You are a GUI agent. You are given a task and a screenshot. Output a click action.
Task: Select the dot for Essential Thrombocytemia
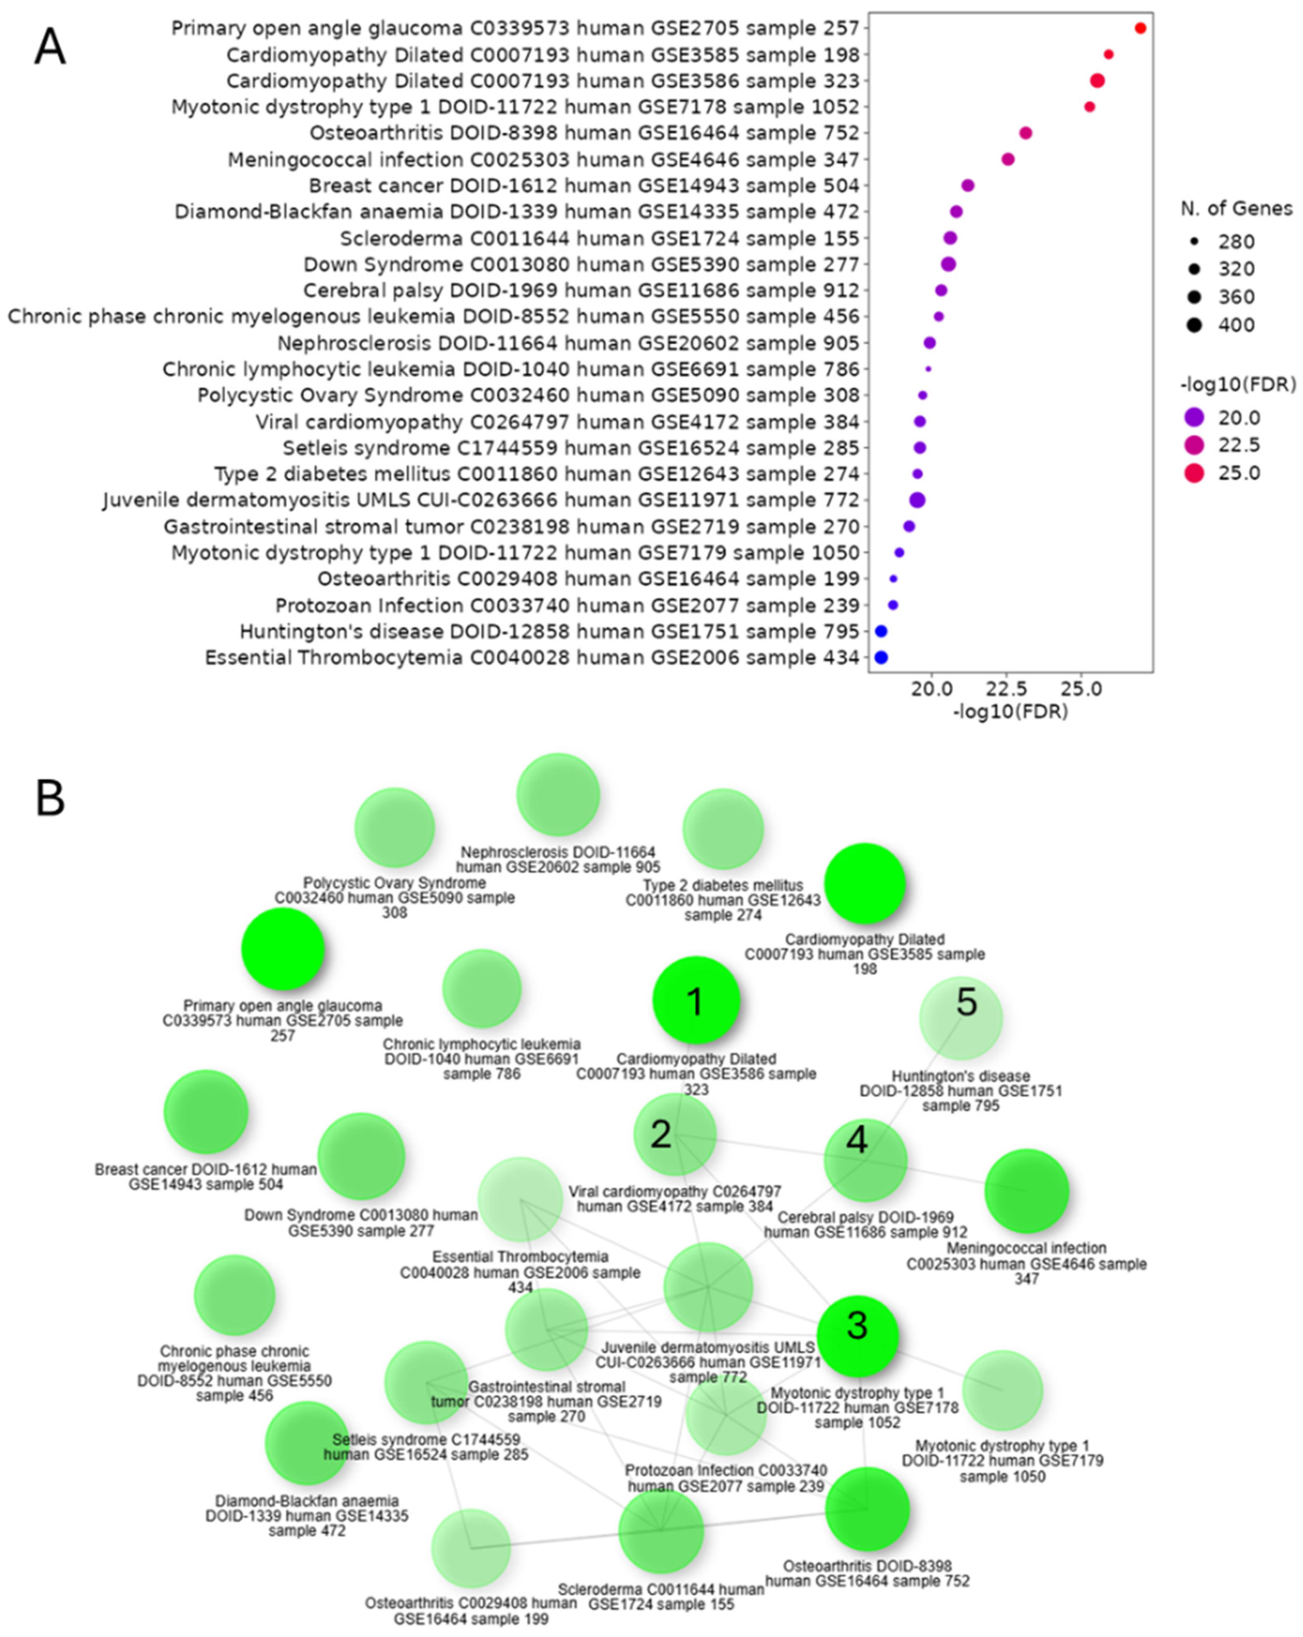coord(881,658)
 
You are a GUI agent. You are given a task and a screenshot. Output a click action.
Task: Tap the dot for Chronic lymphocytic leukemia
coord(928,369)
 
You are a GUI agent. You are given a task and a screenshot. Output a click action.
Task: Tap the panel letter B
coord(50,798)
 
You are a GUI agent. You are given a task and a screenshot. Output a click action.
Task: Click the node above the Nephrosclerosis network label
coord(558,794)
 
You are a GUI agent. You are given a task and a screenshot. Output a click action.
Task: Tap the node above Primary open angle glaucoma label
coord(283,949)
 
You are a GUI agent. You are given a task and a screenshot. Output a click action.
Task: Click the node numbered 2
coord(675,1135)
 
